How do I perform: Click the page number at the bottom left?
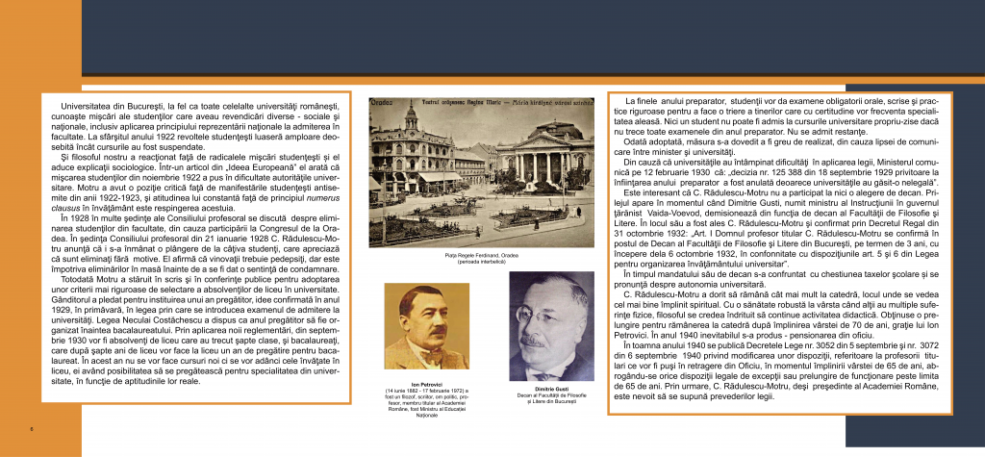(x=32, y=428)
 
